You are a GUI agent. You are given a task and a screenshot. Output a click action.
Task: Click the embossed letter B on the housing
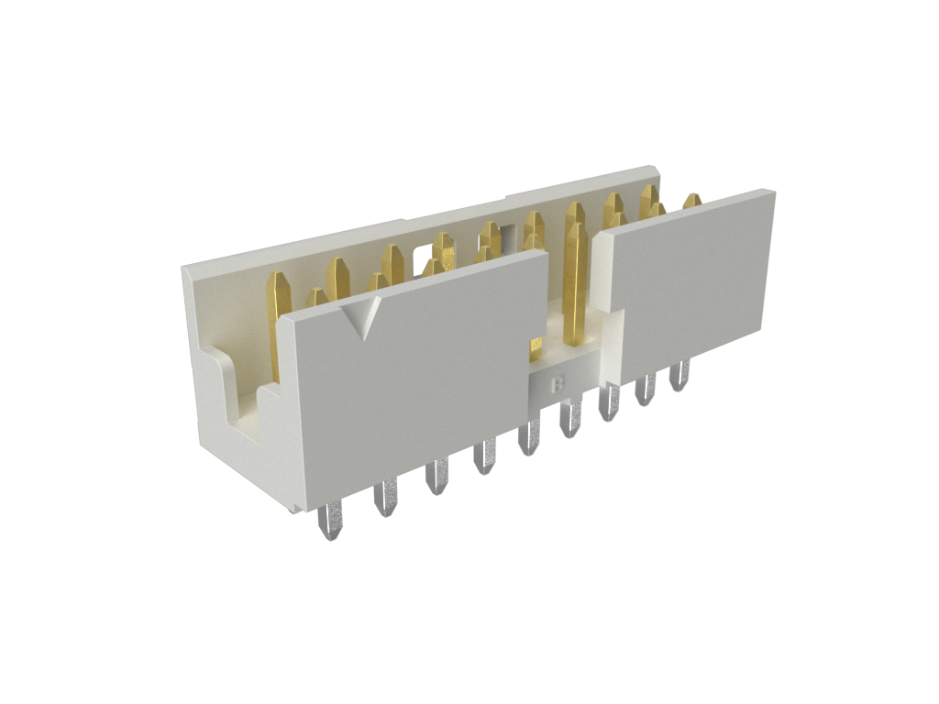[x=558, y=384]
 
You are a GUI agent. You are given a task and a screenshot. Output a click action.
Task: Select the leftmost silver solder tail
[x=330, y=521]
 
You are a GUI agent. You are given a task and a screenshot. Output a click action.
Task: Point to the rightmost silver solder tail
[x=679, y=374]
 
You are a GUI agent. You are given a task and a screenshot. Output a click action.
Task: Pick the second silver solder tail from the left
[x=386, y=496]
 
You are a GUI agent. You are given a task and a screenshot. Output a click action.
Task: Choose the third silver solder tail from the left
[x=436, y=476]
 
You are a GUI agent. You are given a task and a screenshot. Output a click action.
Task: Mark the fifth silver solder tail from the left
[x=529, y=437]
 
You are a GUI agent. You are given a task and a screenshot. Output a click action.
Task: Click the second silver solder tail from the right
[x=646, y=389]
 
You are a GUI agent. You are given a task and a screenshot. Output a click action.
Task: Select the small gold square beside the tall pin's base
[x=536, y=347]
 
